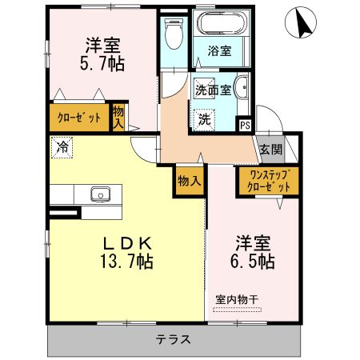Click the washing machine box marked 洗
(204, 119)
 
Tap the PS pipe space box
(245, 124)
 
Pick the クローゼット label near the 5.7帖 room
(78, 118)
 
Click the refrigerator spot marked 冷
(62, 147)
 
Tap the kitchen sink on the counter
(101, 194)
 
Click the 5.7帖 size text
(102, 63)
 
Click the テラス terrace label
(173, 338)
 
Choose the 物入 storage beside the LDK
(188, 181)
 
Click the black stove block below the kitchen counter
(64, 213)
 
